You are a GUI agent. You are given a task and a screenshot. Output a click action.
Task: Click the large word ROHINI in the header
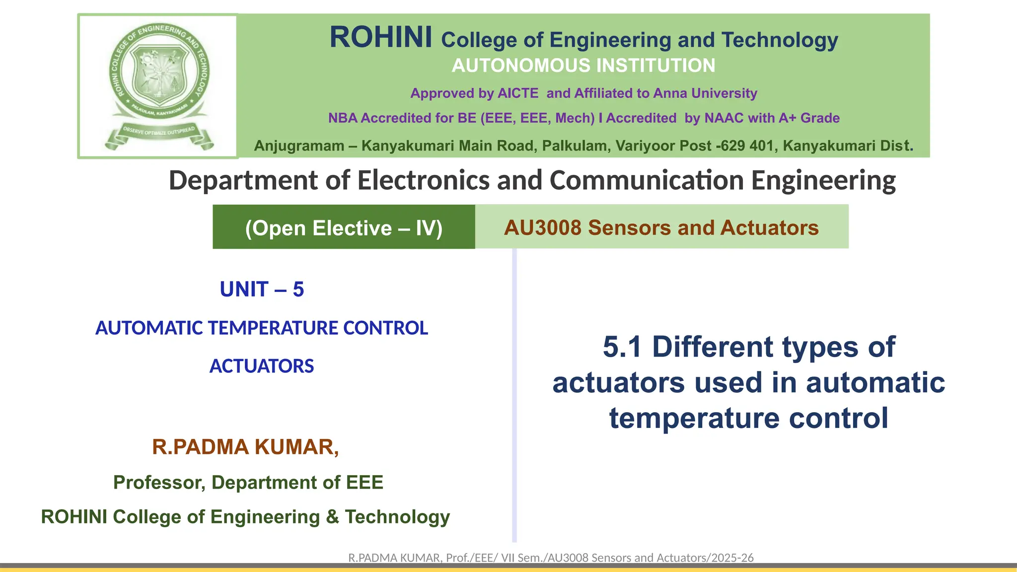(x=381, y=38)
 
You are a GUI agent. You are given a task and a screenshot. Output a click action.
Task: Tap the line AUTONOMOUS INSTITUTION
(x=583, y=66)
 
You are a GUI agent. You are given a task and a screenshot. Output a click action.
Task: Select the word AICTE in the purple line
(x=518, y=93)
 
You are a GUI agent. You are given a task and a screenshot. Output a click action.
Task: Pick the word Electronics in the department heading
(x=424, y=180)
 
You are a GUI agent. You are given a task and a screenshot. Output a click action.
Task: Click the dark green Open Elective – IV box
(x=344, y=228)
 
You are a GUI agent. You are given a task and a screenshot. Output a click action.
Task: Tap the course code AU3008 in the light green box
(x=542, y=228)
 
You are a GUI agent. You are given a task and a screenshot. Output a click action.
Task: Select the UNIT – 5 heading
(x=262, y=289)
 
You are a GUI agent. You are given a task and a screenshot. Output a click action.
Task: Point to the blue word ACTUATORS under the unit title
(x=262, y=366)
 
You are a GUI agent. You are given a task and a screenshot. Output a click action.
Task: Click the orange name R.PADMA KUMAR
(x=245, y=447)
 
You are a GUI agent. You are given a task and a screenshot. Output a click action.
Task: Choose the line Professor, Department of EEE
(x=248, y=483)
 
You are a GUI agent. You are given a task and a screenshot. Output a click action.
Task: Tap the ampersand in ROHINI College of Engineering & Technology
(x=332, y=517)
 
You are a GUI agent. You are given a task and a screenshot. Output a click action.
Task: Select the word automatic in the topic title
(x=875, y=383)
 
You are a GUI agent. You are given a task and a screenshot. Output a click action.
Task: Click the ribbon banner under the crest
(x=159, y=135)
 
